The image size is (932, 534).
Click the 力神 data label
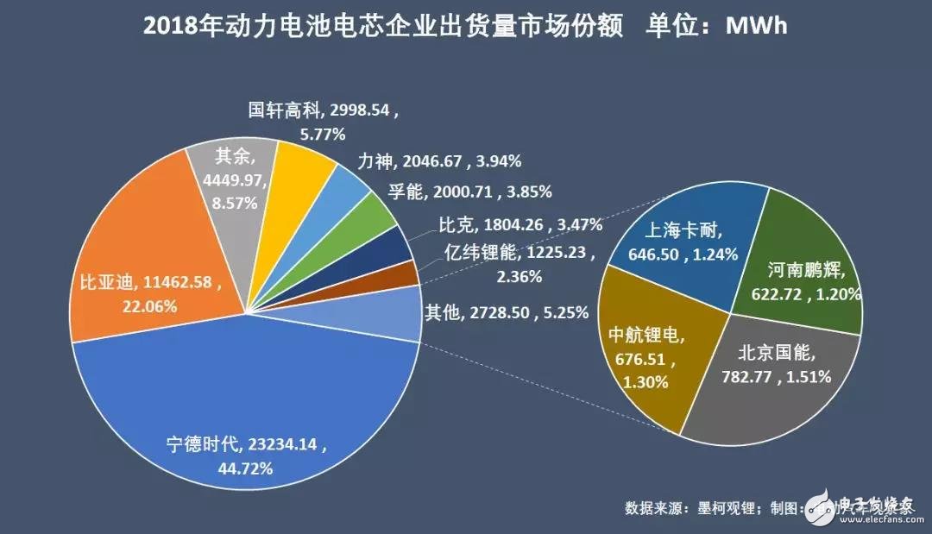pos(438,161)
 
